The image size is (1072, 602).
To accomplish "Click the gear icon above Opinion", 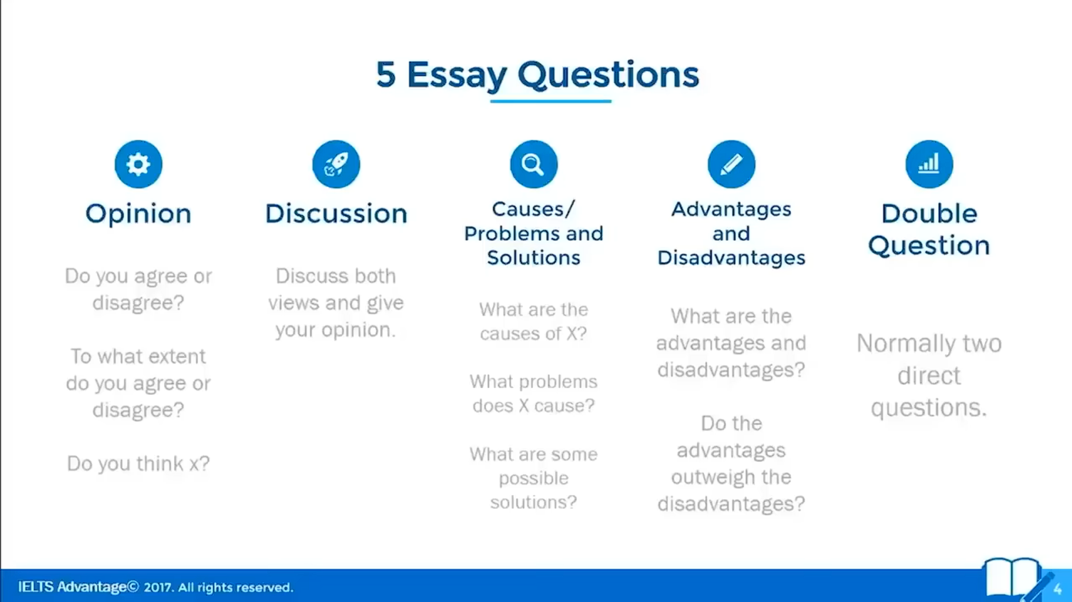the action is click(x=139, y=164).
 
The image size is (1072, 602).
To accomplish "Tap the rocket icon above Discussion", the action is click(x=336, y=164).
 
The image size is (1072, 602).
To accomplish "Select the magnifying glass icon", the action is click(x=534, y=164).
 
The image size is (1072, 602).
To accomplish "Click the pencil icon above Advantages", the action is click(x=732, y=164).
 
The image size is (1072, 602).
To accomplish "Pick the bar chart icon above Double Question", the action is click(x=929, y=164).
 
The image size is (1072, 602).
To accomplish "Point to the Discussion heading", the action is click(x=336, y=214).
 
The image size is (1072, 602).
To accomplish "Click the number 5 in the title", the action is click(x=386, y=74).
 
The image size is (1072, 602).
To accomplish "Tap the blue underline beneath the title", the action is click(x=551, y=101).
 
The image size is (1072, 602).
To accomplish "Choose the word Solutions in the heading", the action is click(x=534, y=258).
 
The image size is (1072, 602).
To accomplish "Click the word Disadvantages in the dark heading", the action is click(x=732, y=258).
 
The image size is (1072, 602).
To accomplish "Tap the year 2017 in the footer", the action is click(x=158, y=587).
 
